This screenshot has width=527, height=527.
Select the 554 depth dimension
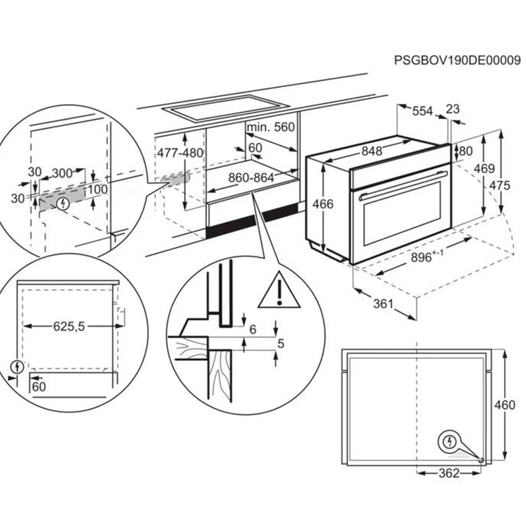pyautogui.click(x=422, y=112)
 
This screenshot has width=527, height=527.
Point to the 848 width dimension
pyautogui.click(x=372, y=151)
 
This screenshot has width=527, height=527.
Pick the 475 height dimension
pyautogui.click(x=500, y=186)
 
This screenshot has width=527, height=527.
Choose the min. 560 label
pyautogui.click(x=271, y=126)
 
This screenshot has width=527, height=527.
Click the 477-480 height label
pyautogui.click(x=180, y=153)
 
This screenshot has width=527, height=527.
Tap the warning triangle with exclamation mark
pyautogui.click(x=279, y=292)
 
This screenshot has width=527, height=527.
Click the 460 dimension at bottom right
pyautogui.click(x=505, y=405)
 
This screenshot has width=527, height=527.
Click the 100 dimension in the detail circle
pyautogui.click(x=97, y=190)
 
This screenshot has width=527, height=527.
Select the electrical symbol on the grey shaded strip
pyautogui.click(x=63, y=203)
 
